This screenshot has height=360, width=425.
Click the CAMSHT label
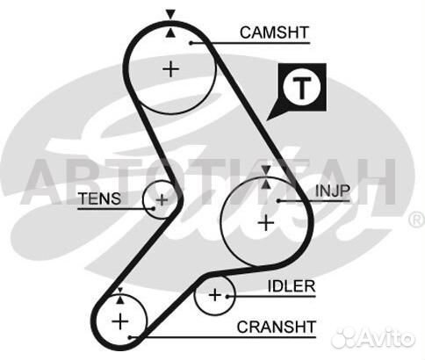274,32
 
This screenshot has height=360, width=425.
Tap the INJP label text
333,191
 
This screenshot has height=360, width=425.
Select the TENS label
99,198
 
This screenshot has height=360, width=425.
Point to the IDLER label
292,286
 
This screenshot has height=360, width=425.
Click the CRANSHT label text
277,327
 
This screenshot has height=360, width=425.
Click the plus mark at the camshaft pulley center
171,69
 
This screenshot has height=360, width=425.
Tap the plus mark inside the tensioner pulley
162,200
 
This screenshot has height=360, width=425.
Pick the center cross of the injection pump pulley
266,223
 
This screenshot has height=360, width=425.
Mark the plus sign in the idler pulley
215,295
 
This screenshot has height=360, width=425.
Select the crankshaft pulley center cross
120,321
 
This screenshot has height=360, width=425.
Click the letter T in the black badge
302,88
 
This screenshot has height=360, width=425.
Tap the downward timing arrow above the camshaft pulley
170,14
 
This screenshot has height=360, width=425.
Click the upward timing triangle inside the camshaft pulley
170,32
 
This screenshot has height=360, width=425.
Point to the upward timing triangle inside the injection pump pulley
266,184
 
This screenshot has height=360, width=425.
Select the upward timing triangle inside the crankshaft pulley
120,299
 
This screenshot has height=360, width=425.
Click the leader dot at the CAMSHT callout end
191,43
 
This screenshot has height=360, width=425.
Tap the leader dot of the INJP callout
279,201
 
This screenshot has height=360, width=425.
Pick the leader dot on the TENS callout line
153,208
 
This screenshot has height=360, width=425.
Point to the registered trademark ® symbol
417,219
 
